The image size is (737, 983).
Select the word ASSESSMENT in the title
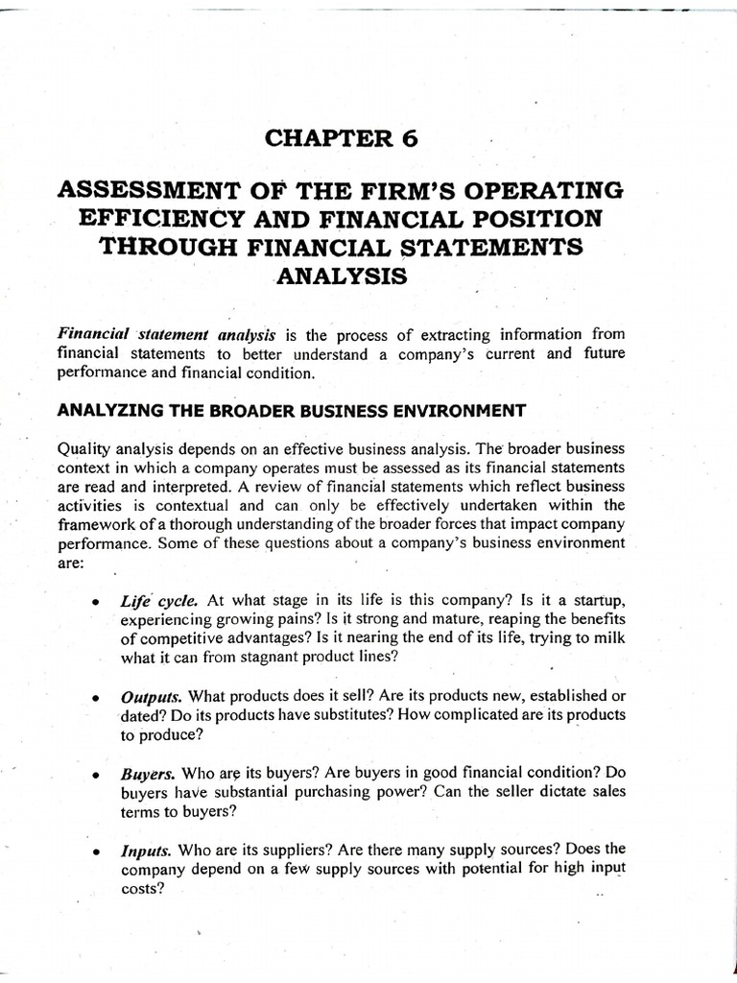point(155,189)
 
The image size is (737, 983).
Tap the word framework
point(96,523)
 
